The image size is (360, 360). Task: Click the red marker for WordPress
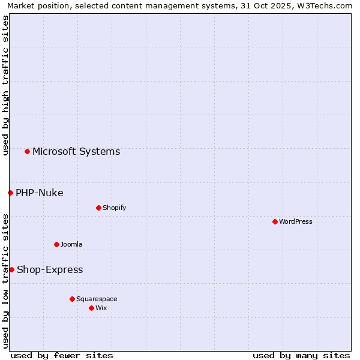tap(275, 221)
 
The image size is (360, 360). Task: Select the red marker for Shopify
tap(98, 208)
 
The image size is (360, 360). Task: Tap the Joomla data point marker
tap(56, 244)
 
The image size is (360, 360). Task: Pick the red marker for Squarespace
tap(72, 299)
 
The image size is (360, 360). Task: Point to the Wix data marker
tap(91, 308)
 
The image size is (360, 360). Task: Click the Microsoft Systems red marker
tap(27, 151)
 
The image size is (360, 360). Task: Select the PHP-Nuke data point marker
tap(10, 193)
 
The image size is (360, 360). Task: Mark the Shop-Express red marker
tap(11, 269)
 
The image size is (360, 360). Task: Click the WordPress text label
tap(296, 221)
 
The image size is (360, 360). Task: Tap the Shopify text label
tap(114, 208)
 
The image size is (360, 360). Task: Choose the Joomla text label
tap(71, 244)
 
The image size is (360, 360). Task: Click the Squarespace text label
tap(97, 299)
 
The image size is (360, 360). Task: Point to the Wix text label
tap(101, 308)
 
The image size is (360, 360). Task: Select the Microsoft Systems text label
tap(76, 151)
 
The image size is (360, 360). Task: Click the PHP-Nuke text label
tap(40, 193)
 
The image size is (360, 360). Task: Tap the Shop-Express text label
tap(50, 269)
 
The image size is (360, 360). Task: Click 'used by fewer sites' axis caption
tap(62, 355)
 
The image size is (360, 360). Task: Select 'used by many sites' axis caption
tap(301, 355)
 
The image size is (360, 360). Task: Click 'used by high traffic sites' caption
tap(5, 85)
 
